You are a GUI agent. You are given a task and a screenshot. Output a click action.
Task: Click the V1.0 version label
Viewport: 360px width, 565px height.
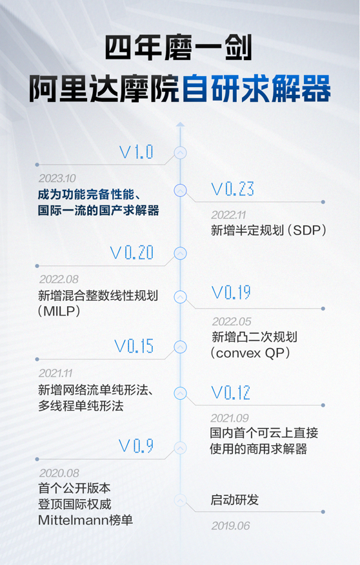[136, 152]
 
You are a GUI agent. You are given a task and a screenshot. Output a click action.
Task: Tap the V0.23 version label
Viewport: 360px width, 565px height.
[232, 189]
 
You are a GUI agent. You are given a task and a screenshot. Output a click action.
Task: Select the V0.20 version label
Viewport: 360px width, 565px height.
[132, 252]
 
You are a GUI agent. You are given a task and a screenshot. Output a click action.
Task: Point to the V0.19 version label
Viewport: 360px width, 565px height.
[231, 293]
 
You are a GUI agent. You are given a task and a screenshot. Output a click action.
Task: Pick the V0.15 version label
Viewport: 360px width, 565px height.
[134, 346]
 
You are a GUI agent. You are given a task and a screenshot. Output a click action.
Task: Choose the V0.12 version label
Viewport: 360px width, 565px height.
[231, 393]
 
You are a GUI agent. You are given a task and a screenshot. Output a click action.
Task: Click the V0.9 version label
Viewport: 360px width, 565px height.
[136, 446]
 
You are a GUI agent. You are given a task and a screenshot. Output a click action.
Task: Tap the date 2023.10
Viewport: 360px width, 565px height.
[57, 178]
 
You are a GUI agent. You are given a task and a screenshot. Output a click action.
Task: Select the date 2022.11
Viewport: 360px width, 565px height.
[228, 215]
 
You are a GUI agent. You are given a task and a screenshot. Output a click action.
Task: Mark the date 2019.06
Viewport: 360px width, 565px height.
[230, 526]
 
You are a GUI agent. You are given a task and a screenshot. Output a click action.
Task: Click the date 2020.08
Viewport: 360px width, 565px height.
[59, 473]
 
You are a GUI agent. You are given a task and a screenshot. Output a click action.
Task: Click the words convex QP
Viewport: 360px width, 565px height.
[250, 353]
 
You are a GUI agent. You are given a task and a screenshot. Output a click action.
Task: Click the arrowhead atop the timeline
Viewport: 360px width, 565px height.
[181, 125]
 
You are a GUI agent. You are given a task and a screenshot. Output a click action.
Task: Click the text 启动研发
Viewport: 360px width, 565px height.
[235, 500]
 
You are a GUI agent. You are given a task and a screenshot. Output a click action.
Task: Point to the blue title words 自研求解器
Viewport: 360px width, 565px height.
[257, 88]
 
